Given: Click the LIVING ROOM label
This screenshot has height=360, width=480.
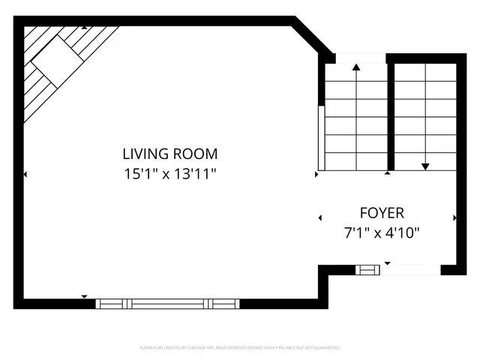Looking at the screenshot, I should tap(170, 154).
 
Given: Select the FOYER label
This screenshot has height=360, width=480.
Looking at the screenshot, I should tap(382, 212).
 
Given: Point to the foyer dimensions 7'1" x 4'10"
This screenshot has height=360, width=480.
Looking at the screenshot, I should tap(382, 232).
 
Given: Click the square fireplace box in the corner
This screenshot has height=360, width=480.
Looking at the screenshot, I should tap(55, 58).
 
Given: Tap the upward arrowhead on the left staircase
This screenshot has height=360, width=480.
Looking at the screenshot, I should tap(355, 67).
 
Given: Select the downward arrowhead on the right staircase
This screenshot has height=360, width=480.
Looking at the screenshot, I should tap(425, 166).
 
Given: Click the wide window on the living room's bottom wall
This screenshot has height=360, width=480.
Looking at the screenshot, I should tap(166, 304).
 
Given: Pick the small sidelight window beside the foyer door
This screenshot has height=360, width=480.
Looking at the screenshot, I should tap(367, 269).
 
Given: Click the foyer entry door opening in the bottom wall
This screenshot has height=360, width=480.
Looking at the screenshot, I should tap(411, 269).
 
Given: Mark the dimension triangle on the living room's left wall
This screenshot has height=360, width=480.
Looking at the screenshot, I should tap(25, 175).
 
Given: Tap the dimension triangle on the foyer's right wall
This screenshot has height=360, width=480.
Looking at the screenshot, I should tap(455, 217).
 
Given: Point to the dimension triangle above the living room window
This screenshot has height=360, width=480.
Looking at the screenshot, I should tap(84, 296).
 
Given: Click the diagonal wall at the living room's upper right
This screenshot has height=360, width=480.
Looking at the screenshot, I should tap(312, 37).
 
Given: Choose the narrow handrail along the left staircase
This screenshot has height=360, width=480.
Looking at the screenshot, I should tap(322, 139).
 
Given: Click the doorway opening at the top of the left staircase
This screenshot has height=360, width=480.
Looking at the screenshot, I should tap(359, 58).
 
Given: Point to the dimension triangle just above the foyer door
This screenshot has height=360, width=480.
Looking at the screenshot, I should tap(388, 263).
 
